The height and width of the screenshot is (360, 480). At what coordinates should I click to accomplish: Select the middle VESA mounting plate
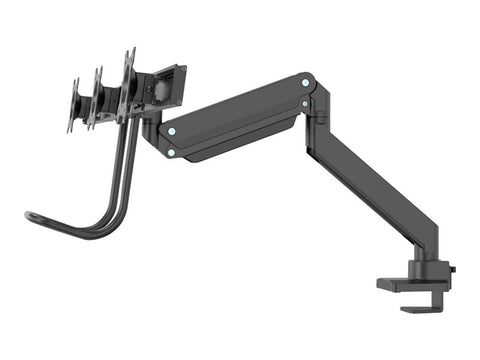click(98, 97)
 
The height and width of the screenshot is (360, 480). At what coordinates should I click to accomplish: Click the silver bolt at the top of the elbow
click(306, 82)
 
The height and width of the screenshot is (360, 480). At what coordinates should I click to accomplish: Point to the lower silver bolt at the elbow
click(306, 102)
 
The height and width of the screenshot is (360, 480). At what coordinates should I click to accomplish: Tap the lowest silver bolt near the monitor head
click(171, 153)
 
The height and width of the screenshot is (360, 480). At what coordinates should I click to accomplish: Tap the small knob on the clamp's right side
click(452, 270)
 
